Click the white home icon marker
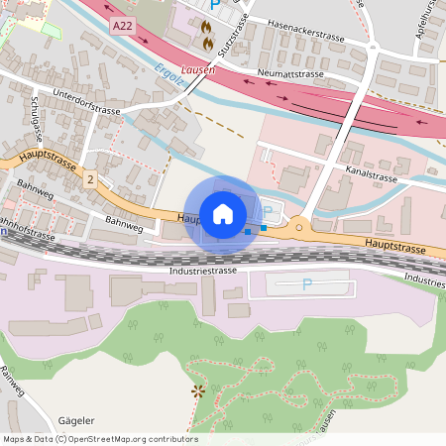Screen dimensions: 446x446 [223, 213]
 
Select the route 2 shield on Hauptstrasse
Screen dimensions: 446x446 [90, 179]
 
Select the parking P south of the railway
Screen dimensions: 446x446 [306, 284]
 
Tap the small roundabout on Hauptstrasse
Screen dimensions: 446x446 [299, 227]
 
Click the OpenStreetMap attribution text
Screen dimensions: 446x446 [100, 438]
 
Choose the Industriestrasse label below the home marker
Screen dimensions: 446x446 [201, 270]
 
